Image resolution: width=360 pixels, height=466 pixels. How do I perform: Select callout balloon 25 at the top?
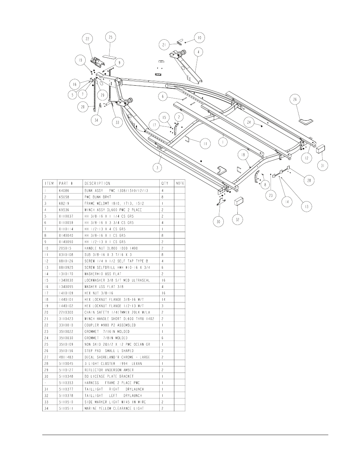click(110, 37)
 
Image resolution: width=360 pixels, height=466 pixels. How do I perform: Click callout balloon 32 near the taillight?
click(237, 220)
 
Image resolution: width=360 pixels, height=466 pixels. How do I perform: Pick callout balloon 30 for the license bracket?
click(218, 222)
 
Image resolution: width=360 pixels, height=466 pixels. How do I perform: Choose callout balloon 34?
click(97, 120)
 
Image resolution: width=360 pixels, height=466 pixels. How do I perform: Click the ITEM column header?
click(49, 183)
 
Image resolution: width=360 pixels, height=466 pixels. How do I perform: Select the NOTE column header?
click(180, 183)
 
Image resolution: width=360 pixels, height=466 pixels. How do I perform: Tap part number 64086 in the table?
click(64, 190)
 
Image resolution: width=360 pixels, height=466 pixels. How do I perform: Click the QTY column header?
click(165, 183)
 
